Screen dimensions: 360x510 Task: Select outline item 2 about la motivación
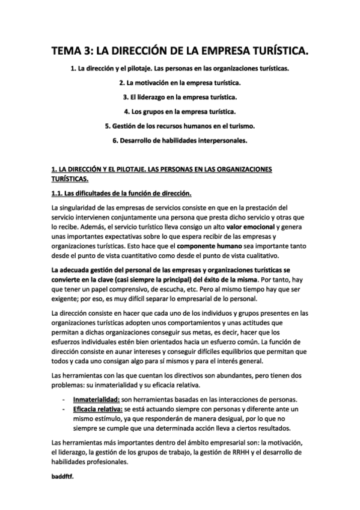[x=180, y=82]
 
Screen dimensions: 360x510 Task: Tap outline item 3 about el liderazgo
[x=180, y=96]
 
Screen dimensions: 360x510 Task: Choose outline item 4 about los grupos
[x=180, y=111]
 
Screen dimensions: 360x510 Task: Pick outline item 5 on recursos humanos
[x=180, y=126]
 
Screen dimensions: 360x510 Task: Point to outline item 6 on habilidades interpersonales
[x=180, y=141]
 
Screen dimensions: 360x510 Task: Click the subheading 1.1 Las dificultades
[x=122, y=192]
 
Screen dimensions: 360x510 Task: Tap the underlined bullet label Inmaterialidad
[x=96, y=400]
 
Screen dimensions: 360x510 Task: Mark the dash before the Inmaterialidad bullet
[x=64, y=400]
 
